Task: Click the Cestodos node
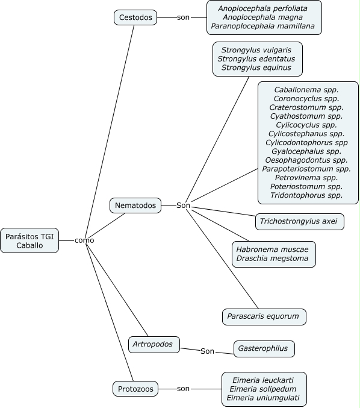[x=135, y=17]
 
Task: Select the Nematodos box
[x=135, y=206]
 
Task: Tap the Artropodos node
[x=154, y=345]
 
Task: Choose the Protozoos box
[x=135, y=389]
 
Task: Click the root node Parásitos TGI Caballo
[x=29, y=240]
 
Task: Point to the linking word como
[x=84, y=240]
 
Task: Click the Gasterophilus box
[x=264, y=349]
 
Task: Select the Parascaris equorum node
[x=264, y=317]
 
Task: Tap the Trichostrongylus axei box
[x=300, y=222]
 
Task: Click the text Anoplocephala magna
[x=263, y=17]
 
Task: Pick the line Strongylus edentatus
[x=256, y=59]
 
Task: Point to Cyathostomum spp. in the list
[x=306, y=116]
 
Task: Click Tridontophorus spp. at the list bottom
[x=306, y=195]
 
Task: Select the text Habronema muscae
[x=272, y=250]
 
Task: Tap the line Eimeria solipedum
[x=263, y=389]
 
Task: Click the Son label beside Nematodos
[x=183, y=206]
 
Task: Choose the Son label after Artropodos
[x=207, y=351]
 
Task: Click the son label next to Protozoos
[x=183, y=389]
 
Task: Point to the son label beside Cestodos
[x=183, y=17]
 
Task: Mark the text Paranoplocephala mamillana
[x=263, y=26]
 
